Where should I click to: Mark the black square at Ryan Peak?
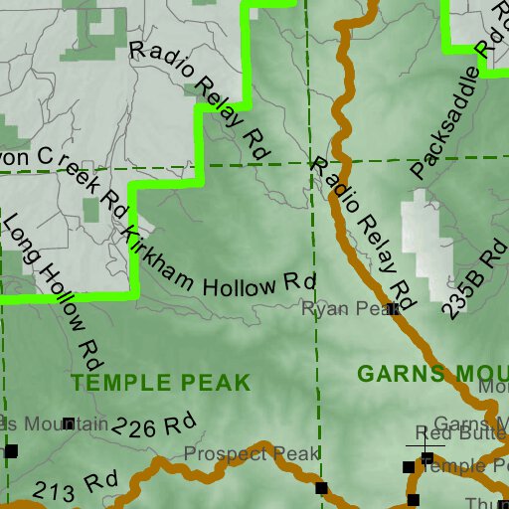pos(393,310)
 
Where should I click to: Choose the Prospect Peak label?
pos(253,454)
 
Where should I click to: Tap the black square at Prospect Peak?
pos(321,487)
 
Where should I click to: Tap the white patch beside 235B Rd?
pos(421,239)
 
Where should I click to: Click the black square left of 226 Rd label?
pos(69,424)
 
